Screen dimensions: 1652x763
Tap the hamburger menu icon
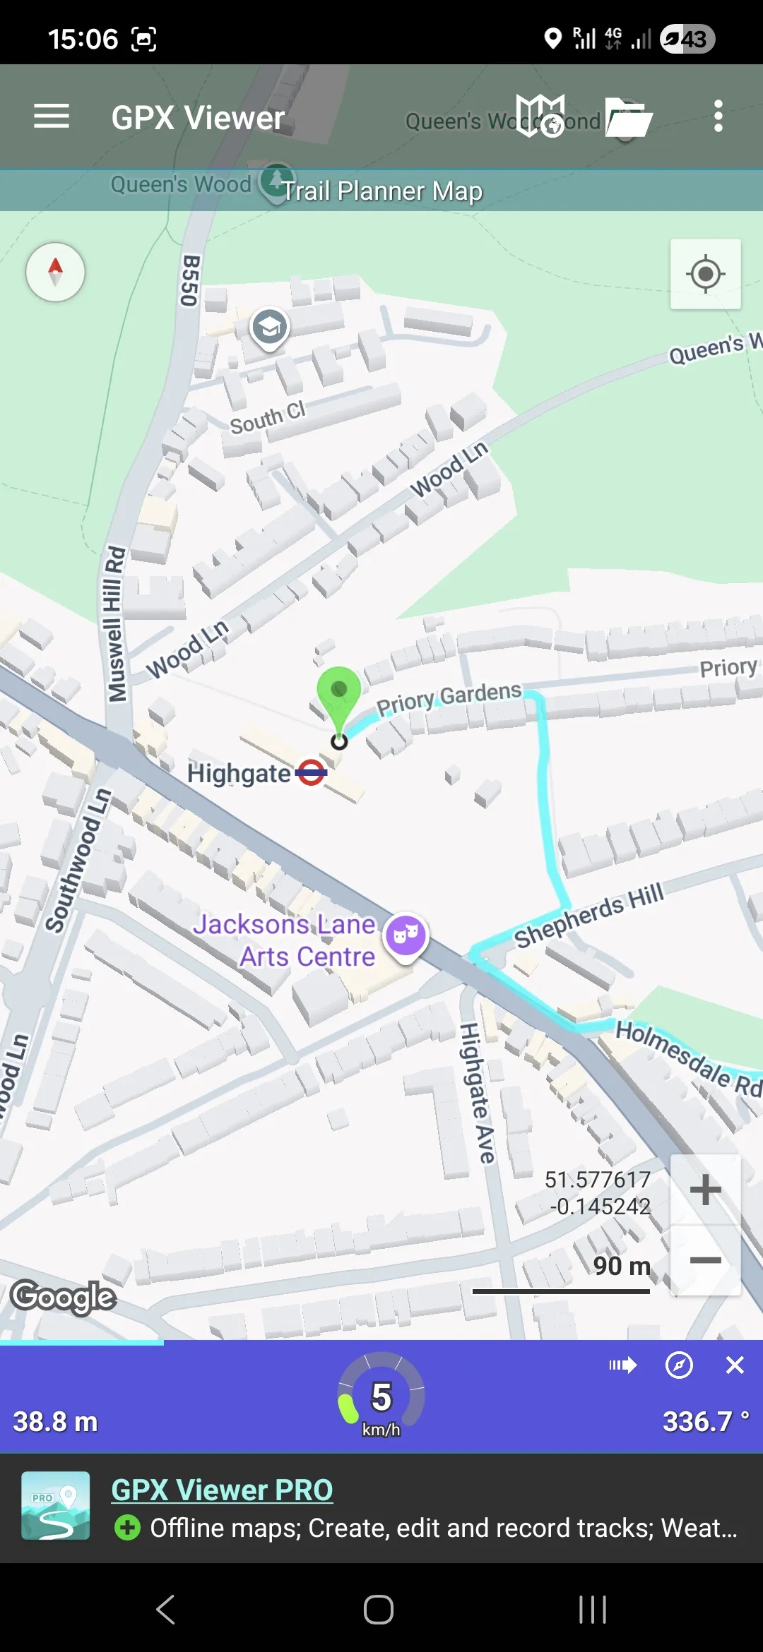[x=52, y=116]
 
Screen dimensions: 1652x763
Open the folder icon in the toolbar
[x=628, y=117]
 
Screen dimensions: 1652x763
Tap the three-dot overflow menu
[x=718, y=116]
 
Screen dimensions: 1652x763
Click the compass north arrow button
[x=55, y=273]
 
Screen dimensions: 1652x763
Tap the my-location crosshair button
[x=705, y=274]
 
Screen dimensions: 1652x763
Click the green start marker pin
[x=339, y=693]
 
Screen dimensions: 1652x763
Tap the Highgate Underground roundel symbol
[x=311, y=773]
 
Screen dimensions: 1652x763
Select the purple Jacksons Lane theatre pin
[x=406, y=935]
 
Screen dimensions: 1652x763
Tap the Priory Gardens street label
[x=449, y=698]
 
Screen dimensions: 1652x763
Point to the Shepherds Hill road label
[x=588, y=915]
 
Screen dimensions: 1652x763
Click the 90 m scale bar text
[x=622, y=1266]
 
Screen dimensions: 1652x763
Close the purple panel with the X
[x=735, y=1365]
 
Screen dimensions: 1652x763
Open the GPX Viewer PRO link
[x=222, y=1490]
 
